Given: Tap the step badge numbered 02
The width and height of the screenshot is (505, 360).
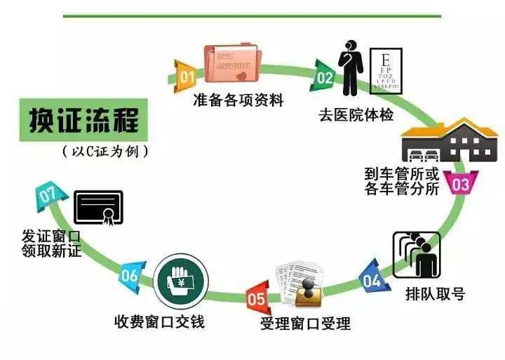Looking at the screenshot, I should pos(324,76).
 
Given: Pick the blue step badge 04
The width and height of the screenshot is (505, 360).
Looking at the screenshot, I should pos(372,280).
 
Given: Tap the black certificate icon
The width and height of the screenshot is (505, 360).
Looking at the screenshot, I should pos(98,207).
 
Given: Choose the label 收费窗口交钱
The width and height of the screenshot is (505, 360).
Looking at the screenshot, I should pos(159,321).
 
